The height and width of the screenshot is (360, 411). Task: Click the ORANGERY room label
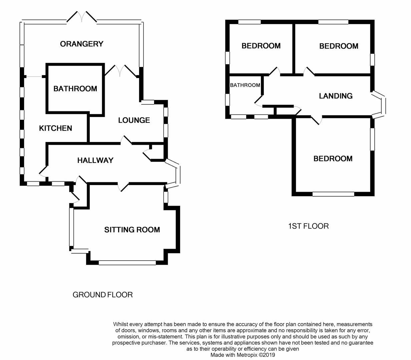[x=81, y=44]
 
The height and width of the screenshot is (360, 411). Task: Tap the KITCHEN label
[x=55, y=128]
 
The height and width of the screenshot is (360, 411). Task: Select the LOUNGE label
[x=134, y=120]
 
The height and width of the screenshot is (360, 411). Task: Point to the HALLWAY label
[x=95, y=160]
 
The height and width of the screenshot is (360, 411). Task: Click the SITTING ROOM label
[x=132, y=230]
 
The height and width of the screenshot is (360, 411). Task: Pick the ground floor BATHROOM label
[x=75, y=89]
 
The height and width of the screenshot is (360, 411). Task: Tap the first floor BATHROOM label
[x=245, y=85]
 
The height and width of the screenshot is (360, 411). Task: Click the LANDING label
[x=336, y=96]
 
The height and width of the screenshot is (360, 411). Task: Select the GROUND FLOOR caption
[x=103, y=295]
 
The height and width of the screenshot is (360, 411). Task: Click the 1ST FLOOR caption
[x=308, y=226]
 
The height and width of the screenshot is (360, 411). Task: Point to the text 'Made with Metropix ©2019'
[x=243, y=355]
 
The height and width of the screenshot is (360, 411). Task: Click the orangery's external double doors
[x=81, y=17]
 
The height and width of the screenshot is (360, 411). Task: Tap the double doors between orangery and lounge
[x=120, y=71]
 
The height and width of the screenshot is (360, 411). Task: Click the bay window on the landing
[x=379, y=105]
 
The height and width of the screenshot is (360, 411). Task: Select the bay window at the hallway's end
[x=173, y=174]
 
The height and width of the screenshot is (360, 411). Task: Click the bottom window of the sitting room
[x=127, y=263]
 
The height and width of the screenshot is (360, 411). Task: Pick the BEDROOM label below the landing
[x=333, y=159]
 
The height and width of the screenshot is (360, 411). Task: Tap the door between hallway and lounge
[x=126, y=140]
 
